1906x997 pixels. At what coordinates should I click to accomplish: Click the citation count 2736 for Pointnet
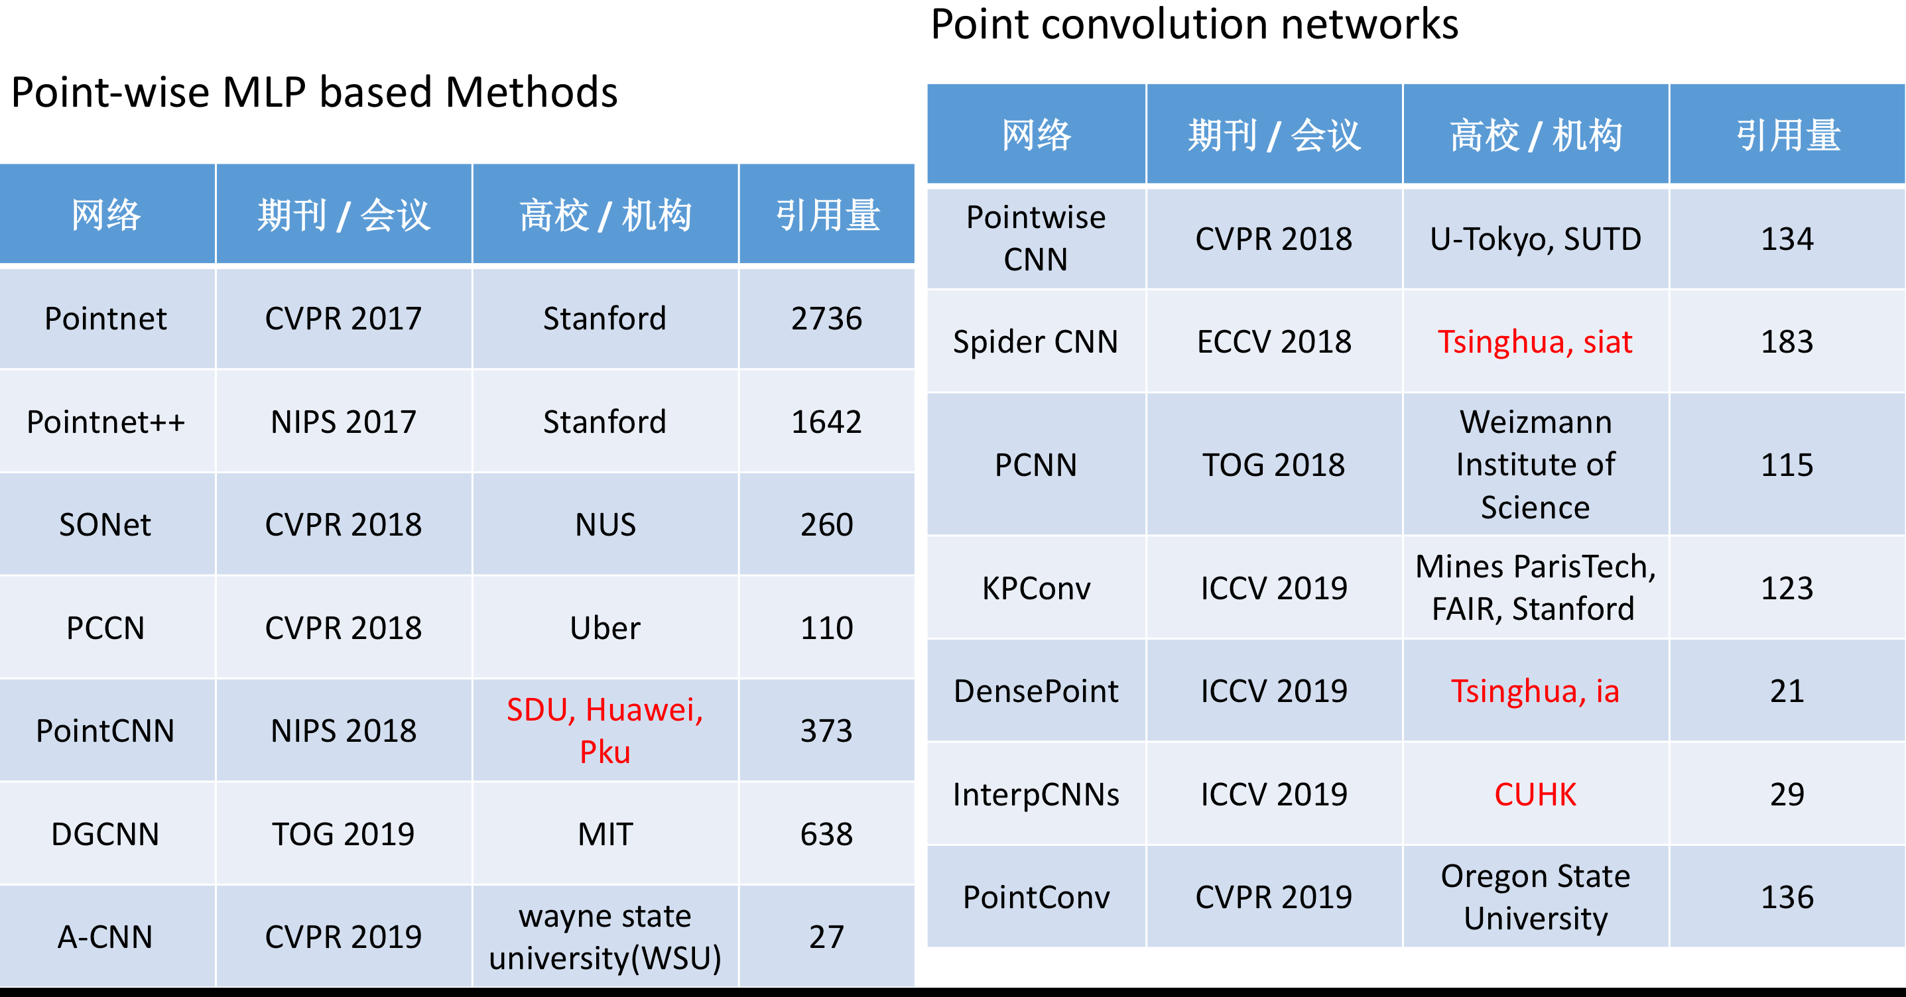click(826, 319)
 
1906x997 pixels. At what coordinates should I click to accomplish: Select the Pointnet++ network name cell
click(106, 422)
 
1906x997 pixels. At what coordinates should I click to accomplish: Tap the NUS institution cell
click(605, 525)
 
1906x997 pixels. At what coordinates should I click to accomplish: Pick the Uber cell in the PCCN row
click(605, 628)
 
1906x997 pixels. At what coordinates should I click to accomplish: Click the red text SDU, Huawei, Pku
click(605, 731)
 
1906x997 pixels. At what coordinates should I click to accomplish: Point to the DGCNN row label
click(106, 835)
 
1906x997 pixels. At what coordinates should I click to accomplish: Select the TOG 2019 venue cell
click(344, 835)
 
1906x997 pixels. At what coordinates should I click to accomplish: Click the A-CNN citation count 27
click(826, 937)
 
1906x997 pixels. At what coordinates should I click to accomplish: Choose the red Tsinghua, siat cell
click(1535, 341)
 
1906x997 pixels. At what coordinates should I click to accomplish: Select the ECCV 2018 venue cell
click(1274, 341)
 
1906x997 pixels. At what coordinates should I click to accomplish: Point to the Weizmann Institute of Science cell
click(1535, 465)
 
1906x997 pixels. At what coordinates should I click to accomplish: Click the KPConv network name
click(1036, 589)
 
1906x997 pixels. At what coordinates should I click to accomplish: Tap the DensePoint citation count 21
click(1787, 691)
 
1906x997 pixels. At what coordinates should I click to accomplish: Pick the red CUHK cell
click(1535, 794)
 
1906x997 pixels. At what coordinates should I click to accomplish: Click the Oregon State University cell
click(1535, 897)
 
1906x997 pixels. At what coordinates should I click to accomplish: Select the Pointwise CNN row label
click(1036, 238)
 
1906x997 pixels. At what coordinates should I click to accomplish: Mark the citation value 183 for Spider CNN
click(1787, 341)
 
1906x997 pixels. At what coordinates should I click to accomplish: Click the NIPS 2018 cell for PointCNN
click(344, 731)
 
